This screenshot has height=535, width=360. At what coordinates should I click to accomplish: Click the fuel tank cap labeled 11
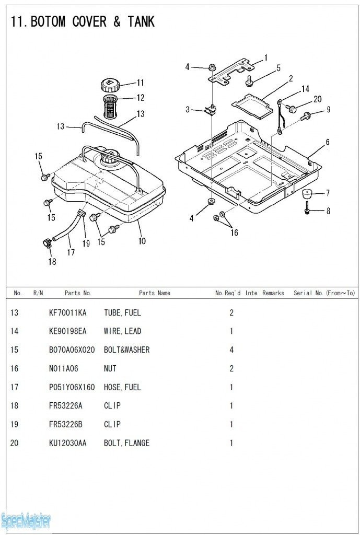click(110, 84)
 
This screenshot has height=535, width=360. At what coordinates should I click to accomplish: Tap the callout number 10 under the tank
click(142, 241)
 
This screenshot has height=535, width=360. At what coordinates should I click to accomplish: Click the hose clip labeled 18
click(46, 243)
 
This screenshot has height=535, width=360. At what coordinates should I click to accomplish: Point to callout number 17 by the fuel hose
click(71, 252)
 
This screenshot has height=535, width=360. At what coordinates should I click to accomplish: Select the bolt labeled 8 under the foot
click(307, 211)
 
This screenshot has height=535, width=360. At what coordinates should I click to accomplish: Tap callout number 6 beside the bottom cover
click(327, 142)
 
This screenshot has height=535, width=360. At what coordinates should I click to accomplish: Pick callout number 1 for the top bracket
click(266, 57)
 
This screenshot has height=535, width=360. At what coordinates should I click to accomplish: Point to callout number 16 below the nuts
click(234, 233)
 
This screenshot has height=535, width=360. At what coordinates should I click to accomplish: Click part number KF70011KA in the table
click(67, 313)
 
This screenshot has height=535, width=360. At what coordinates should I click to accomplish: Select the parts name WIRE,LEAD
click(122, 331)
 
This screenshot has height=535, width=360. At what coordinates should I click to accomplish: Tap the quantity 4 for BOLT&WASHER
click(231, 350)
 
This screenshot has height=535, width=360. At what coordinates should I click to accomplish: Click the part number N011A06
click(63, 369)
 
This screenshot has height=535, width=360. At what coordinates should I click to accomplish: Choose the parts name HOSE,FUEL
click(122, 388)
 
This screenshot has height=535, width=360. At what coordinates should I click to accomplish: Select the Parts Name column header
click(154, 293)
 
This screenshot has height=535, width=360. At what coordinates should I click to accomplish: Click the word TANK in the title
click(141, 22)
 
